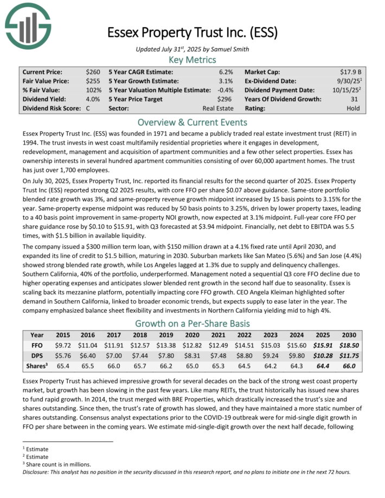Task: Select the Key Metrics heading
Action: point(192,60)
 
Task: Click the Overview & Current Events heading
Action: point(192,122)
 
